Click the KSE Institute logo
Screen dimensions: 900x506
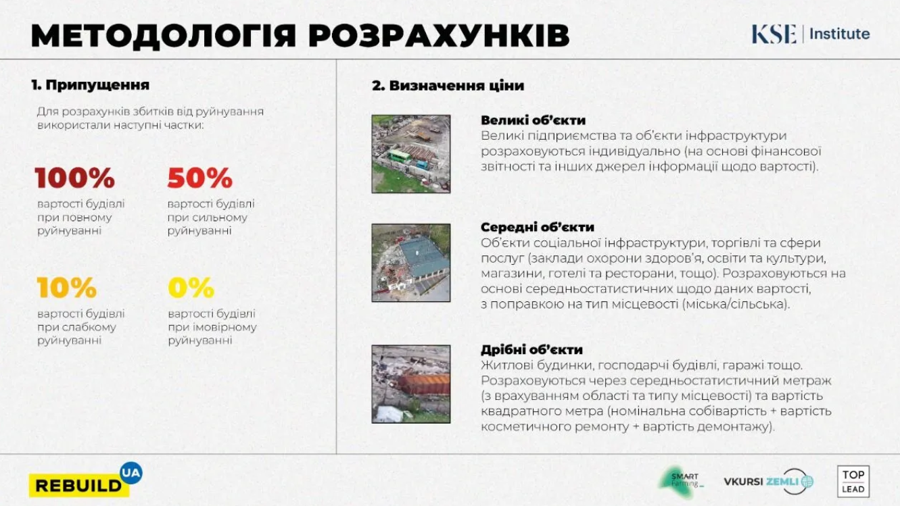(x=811, y=34)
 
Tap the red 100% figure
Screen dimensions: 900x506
(x=75, y=178)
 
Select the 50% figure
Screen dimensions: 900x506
(x=200, y=178)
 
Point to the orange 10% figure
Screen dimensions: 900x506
(x=67, y=287)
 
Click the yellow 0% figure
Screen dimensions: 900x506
(x=191, y=287)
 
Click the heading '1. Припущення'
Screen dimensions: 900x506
(x=91, y=85)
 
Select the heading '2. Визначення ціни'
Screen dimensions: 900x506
(x=448, y=86)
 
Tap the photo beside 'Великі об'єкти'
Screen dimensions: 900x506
(x=411, y=154)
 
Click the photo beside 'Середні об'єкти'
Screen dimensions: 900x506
(x=411, y=263)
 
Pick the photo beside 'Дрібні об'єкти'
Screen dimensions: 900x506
(x=411, y=384)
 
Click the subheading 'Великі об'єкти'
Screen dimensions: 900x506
(x=533, y=120)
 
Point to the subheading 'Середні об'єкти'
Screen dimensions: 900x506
(x=538, y=227)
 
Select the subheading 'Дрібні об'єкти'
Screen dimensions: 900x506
(x=532, y=350)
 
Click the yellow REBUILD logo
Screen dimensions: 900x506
(x=79, y=486)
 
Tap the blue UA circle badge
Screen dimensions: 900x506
(x=131, y=473)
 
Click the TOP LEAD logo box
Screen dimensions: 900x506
(x=853, y=482)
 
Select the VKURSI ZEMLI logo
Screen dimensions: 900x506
(x=769, y=482)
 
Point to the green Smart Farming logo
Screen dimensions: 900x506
(x=681, y=482)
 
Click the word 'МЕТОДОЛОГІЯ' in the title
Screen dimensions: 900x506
(x=164, y=36)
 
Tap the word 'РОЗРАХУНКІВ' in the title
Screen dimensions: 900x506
(x=439, y=36)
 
